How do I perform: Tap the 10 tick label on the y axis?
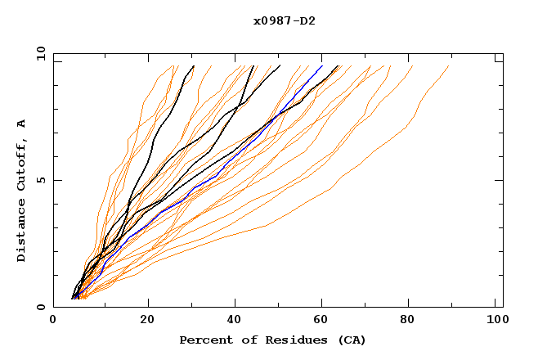38,53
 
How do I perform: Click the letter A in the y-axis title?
22,123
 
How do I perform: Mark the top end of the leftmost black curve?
193,66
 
